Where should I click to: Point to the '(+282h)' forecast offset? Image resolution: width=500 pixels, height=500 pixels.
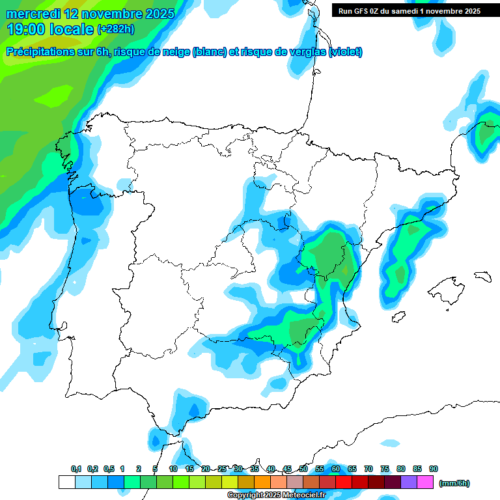[117, 29]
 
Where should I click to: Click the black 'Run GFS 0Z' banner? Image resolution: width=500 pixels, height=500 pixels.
[410, 11]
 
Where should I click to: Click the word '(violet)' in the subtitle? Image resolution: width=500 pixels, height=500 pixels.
[345, 52]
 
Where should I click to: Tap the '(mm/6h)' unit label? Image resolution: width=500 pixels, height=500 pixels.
[454, 483]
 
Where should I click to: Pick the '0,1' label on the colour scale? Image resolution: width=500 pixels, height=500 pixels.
[76, 469]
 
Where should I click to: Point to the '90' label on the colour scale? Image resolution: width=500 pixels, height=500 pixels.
[434, 469]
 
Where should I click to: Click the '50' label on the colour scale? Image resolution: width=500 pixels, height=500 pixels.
[303, 469]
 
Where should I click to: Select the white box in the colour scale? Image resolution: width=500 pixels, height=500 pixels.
[66, 482]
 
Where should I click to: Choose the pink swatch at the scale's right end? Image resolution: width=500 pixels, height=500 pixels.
[425, 482]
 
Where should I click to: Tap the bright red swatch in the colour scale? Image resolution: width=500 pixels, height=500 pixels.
[344, 482]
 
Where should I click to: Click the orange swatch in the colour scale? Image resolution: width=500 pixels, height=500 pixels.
[262, 482]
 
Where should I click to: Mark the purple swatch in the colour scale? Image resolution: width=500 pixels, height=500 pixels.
[409, 482]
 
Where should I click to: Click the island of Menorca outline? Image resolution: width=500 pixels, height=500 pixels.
[482, 277]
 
